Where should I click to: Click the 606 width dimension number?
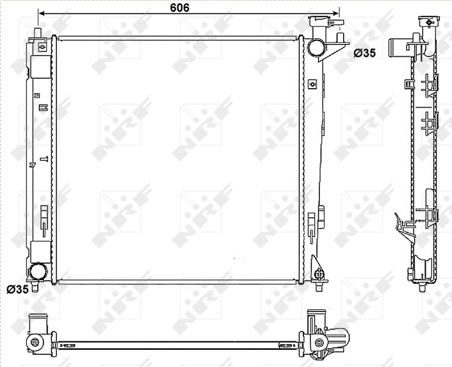tap(179, 7)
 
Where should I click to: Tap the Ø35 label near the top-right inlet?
tap(365, 53)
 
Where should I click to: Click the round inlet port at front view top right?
tap(316, 46)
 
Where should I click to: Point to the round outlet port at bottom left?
tap(38, 270)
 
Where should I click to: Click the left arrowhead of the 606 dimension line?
tap(41, 12)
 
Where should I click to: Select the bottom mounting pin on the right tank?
tap(319, 282)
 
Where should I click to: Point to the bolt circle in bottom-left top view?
tap(34, 342)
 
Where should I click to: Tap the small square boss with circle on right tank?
tap(312, 83)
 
